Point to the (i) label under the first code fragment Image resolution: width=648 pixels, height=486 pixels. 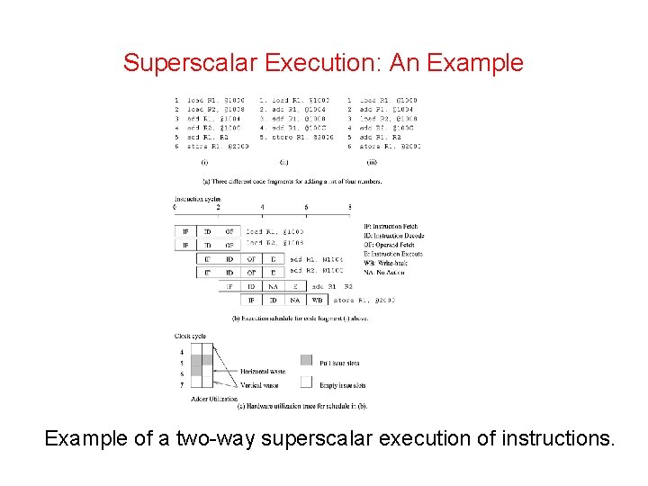coord(205,163)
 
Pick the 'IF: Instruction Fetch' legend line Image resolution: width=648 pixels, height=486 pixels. coord(391,227)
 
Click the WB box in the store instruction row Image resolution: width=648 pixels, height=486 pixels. coord(318,300)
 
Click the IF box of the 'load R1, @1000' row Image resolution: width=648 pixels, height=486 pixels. coord(184,231)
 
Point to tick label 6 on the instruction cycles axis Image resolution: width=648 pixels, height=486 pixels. coord(306,208)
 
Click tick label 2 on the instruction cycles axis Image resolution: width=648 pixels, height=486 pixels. coord(218,208)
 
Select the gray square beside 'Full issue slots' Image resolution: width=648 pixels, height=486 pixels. coord(305,362)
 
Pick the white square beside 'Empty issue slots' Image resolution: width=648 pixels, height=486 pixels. coord(305,382)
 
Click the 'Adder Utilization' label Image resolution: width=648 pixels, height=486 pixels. coord(215,398)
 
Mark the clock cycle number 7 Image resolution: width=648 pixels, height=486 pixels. coord(183,383)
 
